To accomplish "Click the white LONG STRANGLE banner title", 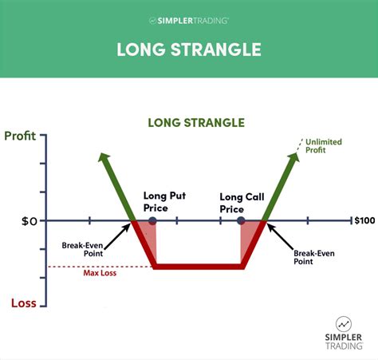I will coord(189,49).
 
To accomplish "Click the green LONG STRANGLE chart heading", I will coord(195,123).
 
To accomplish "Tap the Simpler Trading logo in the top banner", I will coord(189,19).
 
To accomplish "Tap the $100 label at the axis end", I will coord(364,220).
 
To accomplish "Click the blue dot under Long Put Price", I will coord(152,220).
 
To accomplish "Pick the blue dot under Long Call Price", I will coord(242,220).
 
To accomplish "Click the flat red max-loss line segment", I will coord(199,267).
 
